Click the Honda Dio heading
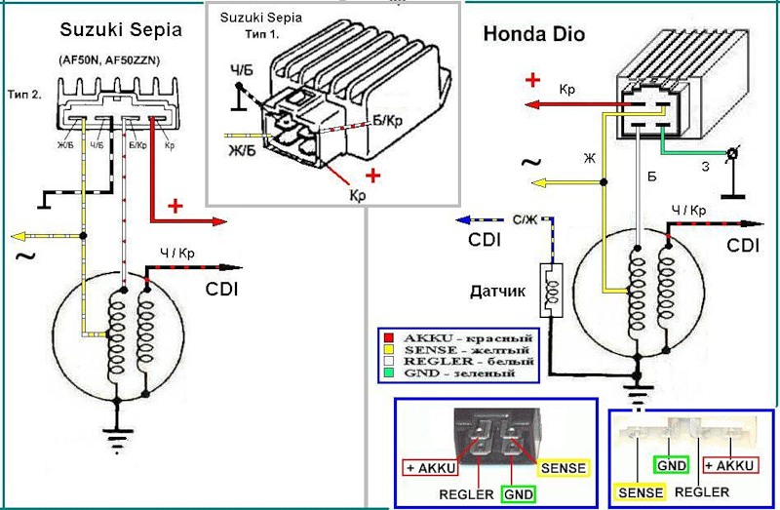click(534, 35)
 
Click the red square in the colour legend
click(386, 336)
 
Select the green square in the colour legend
click(386, 374)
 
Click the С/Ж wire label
click(524, 218)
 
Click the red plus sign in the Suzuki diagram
click(176, 206)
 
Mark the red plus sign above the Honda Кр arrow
click(533, 79)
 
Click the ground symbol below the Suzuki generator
click(119, 428)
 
